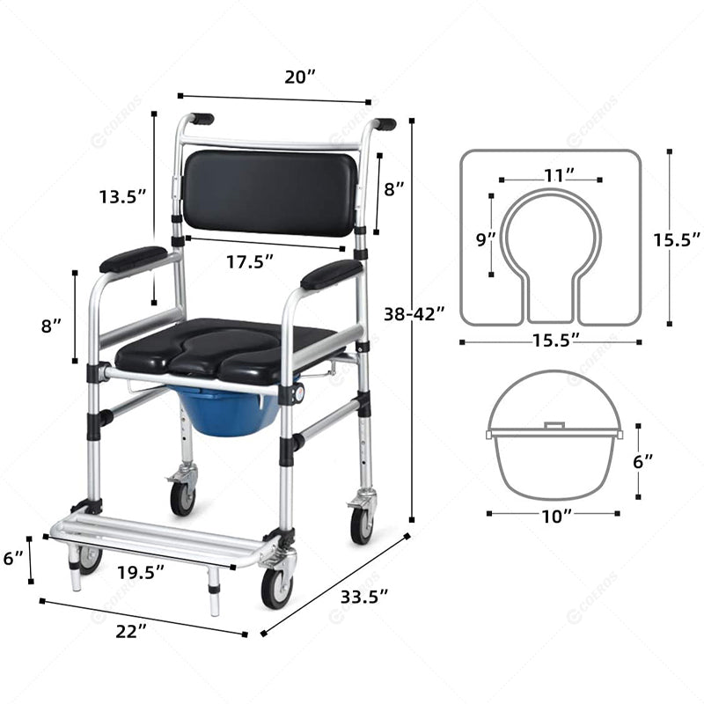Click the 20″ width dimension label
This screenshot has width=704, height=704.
pyautogui.click(x=300, y=77)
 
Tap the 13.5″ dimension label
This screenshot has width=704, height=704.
pyautogui.click(x=123, y=196)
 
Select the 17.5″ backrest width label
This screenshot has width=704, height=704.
pyautogui.click(x=250, y=261)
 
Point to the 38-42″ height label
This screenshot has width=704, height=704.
pyautogui.click(x=414, y=314)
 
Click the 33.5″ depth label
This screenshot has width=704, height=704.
pyautogui.click(x=364, y=598)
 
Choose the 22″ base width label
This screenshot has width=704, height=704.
pyautogui.click(x=131, y=632)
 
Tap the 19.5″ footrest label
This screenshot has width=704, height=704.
pyautogui.click(x=141, y=573)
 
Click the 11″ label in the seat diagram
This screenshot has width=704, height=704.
pyautogui.click(x=559, y=175)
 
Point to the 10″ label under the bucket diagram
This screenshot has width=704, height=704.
pyautogui.click(x=557, y=517)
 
